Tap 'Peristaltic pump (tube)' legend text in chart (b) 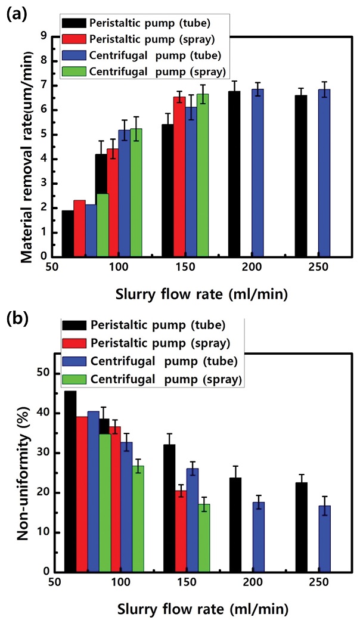point(157,325)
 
